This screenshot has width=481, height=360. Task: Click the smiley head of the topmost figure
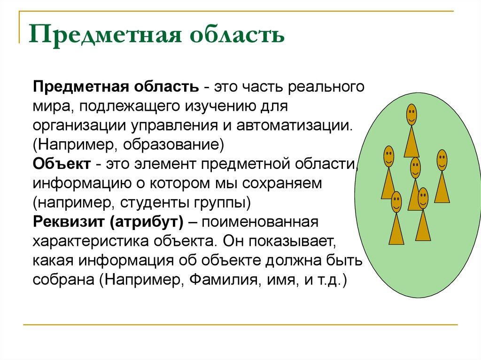[411, 115]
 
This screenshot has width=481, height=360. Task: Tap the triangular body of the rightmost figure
[442, 189]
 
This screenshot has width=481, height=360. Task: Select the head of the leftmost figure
[388, 157]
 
